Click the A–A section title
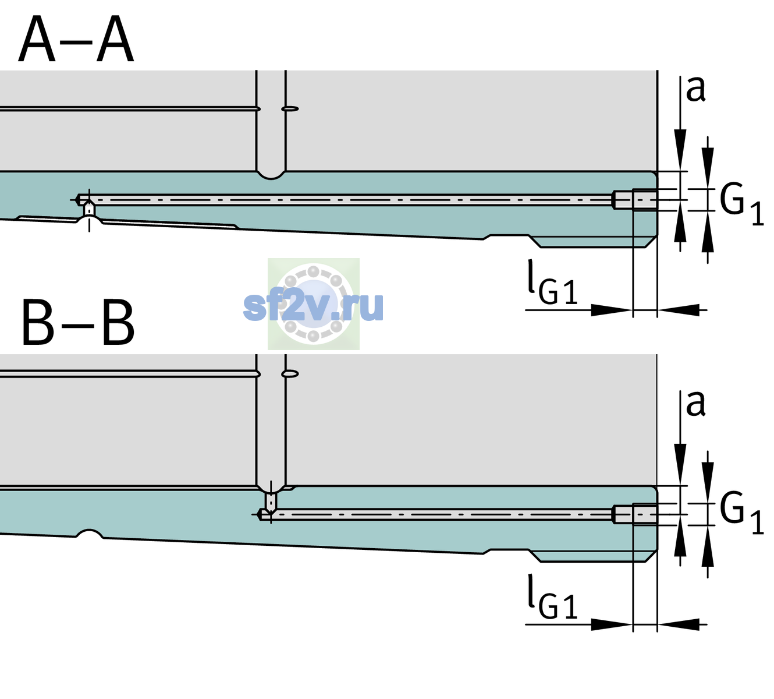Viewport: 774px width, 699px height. [76, 39]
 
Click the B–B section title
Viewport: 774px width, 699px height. [79, 323]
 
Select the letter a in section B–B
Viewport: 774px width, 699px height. [695, 404]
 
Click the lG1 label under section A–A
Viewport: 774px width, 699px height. [552, 283]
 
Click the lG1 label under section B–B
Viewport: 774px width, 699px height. [552, 597]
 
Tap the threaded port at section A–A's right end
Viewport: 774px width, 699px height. [635, 200]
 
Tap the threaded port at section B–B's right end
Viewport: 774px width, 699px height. [635, 514]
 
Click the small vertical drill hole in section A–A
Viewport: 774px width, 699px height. [89, 209]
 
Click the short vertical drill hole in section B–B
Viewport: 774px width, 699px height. [271, 502]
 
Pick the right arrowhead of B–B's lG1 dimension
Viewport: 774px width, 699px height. [679, 624]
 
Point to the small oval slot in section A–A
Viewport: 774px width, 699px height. [290, 109]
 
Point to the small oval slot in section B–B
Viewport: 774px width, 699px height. [290, 374]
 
